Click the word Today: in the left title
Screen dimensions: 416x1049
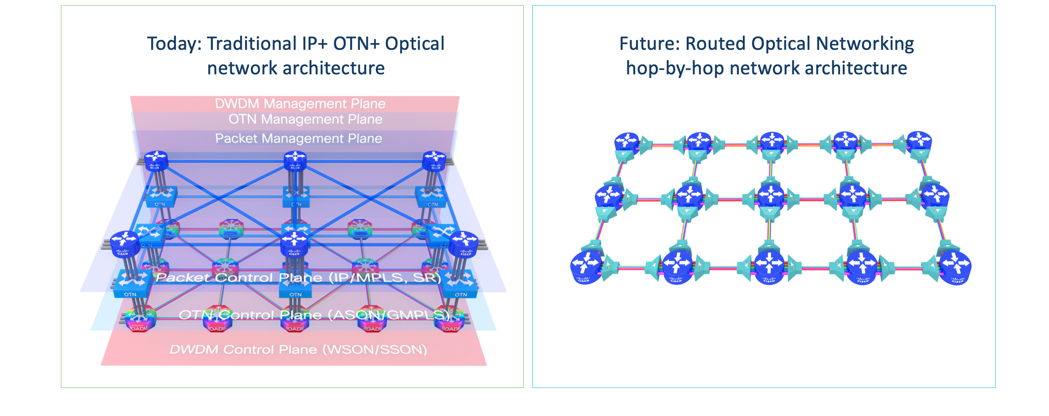tap(174, 44)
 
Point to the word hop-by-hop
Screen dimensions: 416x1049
tap(674, 68)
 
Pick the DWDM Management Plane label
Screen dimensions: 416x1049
tap(300, 103)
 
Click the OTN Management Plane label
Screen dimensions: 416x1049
tap(305, 119)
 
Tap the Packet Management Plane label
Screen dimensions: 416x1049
tap(299, 138)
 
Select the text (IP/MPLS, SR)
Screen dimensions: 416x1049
tap(385, 278)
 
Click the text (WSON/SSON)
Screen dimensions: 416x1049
tap(375, 350)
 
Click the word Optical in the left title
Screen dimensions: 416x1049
tap(415, 44)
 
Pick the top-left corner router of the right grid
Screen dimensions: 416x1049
tap(626, 142)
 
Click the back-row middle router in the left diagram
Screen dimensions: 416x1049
tap(295, 161)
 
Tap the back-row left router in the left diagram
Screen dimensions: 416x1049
tap(155, 161)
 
